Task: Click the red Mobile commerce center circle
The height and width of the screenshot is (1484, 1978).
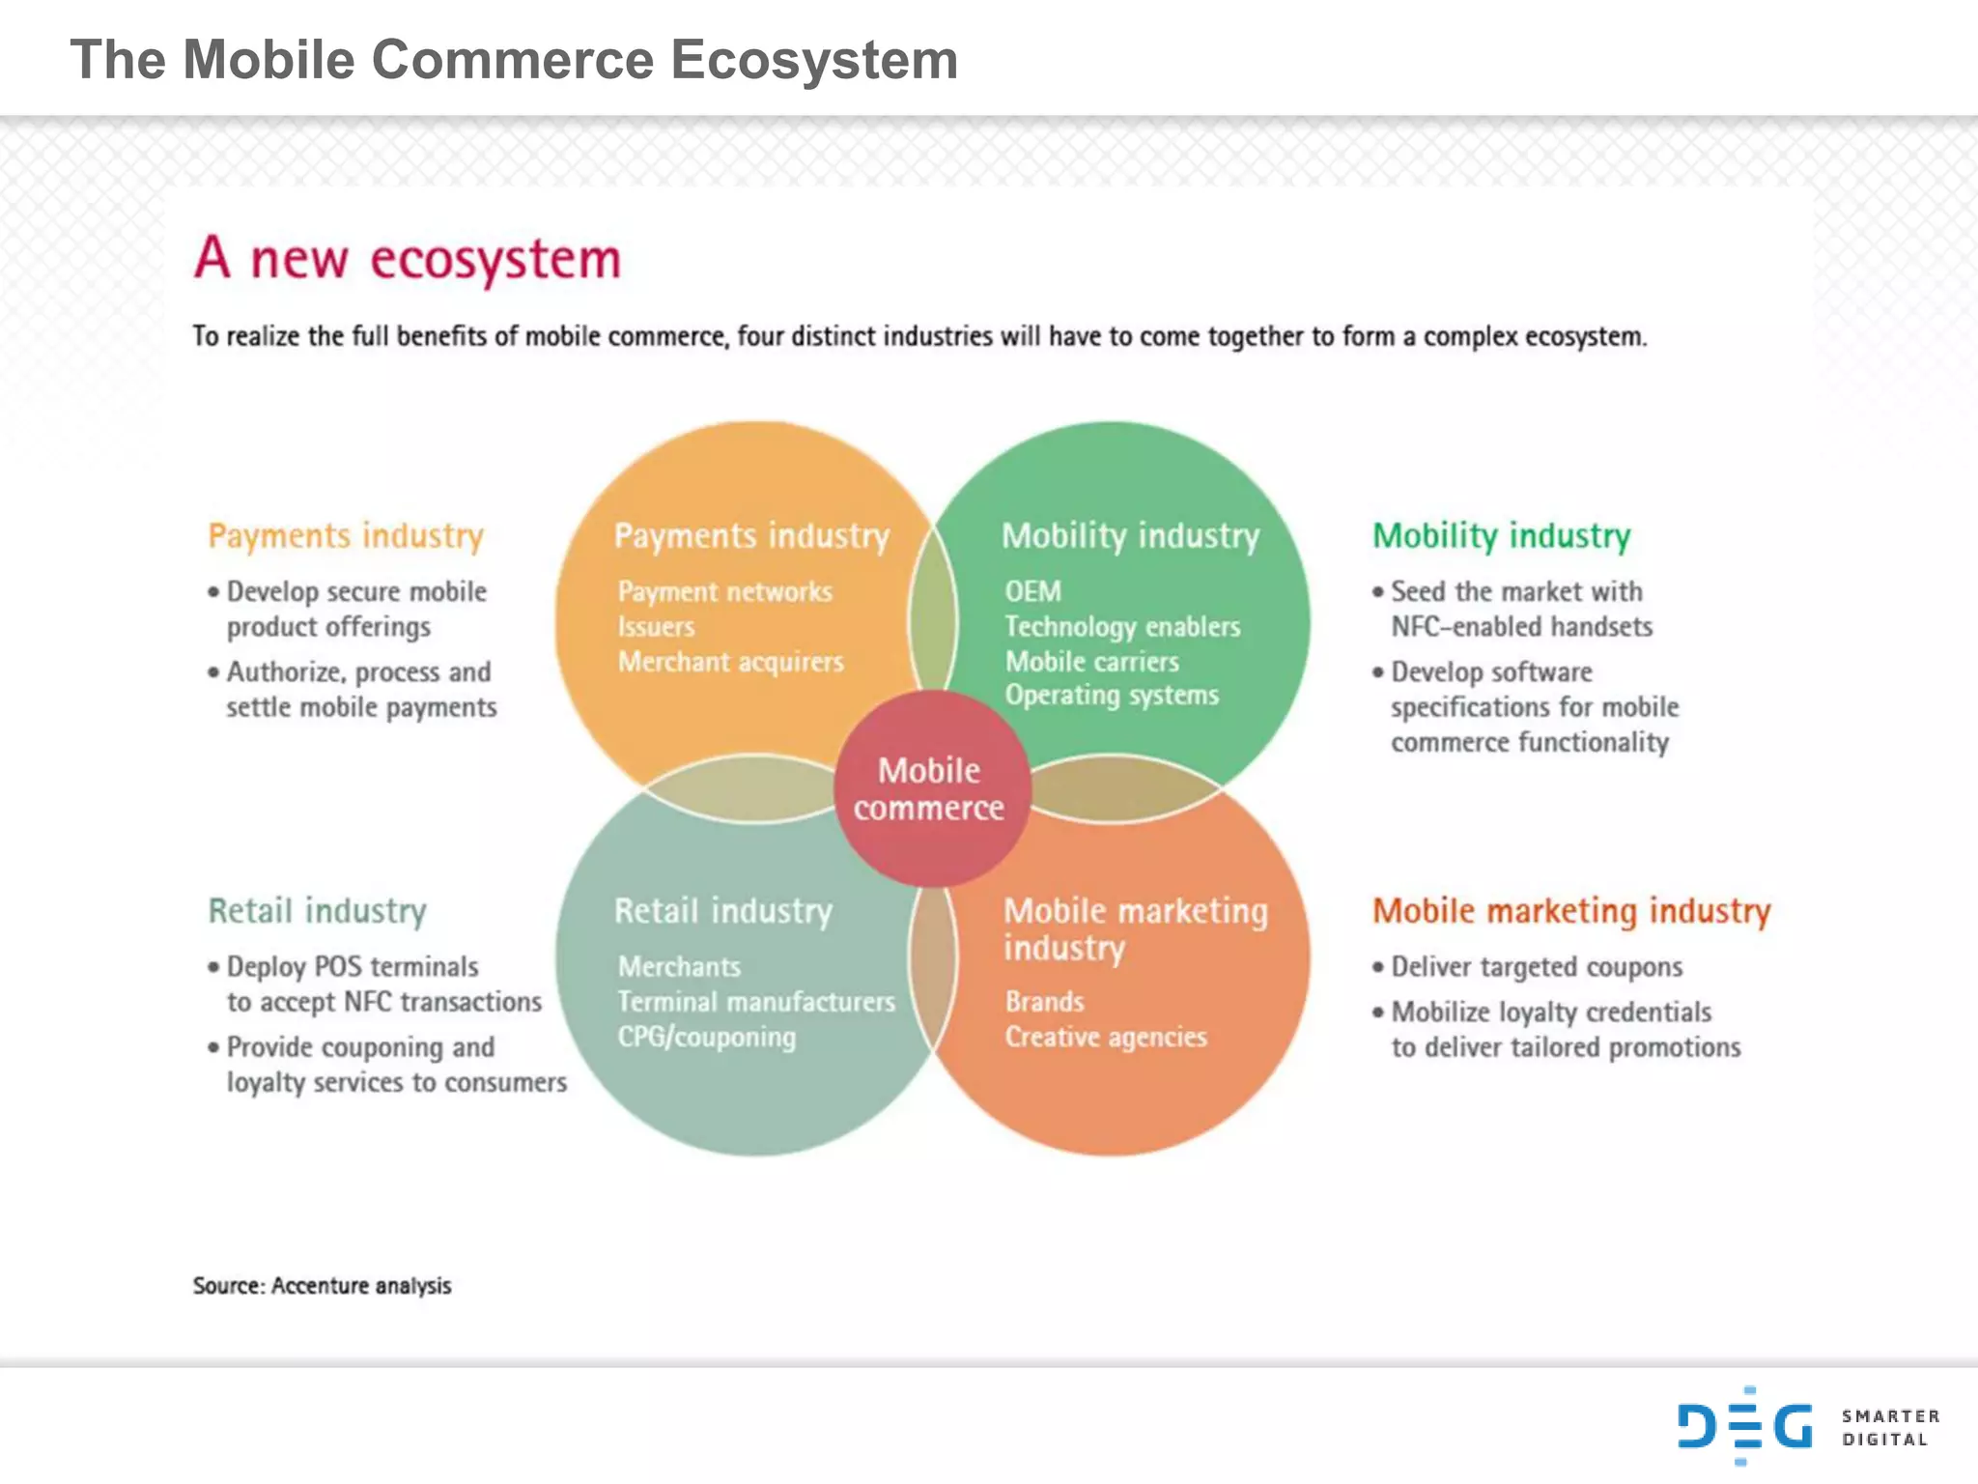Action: click(x=930, y=788)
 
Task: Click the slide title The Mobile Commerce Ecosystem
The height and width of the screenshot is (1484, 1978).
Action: click(x=514, y=60)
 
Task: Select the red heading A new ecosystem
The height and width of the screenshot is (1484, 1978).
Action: click(x=407, y=259)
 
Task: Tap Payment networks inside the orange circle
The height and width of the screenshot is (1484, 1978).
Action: click(x=724, y=591)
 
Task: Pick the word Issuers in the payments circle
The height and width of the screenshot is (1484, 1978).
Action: click(x=656, y=627)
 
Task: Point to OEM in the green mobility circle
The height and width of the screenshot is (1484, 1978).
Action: click(x=1032, y=591)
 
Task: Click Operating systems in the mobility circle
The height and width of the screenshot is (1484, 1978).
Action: click(x=1111, y=696)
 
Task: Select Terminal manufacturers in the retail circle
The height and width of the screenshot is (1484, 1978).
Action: click(x=756, y=1002)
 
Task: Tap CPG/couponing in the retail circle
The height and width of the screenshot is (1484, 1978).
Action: click(x=707, y=1037)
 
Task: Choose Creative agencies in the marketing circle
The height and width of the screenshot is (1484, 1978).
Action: click(x=1106, y=1037)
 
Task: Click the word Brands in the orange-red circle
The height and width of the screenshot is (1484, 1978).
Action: click(x=1044, y=1002)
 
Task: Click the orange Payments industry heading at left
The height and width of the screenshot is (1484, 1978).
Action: click(x=346, y=535)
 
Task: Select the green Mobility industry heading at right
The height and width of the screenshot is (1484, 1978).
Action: click(x=1501, y=535)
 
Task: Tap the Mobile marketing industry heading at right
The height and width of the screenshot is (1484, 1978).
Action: click(x=1571, y=911)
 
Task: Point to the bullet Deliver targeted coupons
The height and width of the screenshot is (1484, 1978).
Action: click(x=1536, y=967)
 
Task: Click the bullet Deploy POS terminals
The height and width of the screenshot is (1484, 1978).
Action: click(x=353, y=967)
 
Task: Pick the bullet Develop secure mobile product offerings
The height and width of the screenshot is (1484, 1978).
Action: click(x=355, y=609)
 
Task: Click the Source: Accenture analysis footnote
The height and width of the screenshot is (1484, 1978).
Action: click(x=322, y=1286)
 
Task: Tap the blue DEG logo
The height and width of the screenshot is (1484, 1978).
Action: click(x=1744, y=1426)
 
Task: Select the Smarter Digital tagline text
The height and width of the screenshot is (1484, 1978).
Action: click(x=1890, y=1427)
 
